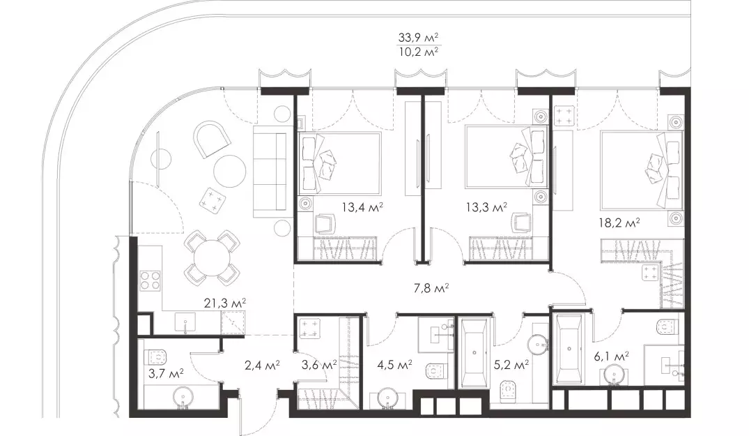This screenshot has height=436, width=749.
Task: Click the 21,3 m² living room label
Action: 224,303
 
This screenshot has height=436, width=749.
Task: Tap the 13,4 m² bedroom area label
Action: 362,207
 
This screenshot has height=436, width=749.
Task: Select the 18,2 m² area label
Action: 619,223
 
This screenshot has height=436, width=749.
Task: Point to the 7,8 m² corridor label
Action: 431,288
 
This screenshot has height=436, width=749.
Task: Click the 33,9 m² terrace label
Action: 419,37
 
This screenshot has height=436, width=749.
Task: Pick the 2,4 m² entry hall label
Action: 262,366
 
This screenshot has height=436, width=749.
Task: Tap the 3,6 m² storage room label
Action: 318,366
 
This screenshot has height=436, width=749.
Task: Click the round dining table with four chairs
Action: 212,258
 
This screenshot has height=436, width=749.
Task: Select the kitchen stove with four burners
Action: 150,280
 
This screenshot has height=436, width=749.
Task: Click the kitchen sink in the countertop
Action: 185,322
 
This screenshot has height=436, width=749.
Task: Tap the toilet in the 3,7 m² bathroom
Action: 157,356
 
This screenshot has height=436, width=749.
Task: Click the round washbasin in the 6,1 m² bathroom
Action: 613,375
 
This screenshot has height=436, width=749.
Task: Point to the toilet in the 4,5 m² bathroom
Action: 435,370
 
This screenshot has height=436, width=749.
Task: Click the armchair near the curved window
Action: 212,139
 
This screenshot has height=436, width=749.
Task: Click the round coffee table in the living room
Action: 230,172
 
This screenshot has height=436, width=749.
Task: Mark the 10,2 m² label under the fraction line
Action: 419,52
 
